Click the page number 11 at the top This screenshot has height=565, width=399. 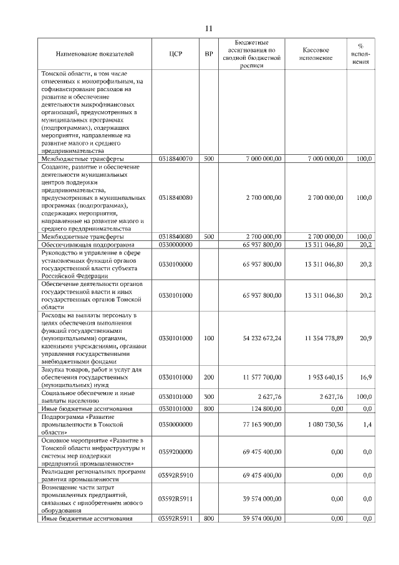click(209, 28)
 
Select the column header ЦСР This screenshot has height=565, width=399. click(175, 54)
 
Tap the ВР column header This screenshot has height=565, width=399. click(208, 54)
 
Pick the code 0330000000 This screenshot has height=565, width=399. click(175, 245)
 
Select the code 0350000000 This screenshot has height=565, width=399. click(175, 423)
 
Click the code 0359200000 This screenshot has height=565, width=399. click(175, 451)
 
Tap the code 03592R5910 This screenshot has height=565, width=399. click(175, 475)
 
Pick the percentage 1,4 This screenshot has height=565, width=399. click(367, 423)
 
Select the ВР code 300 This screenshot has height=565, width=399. click(208, 396)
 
